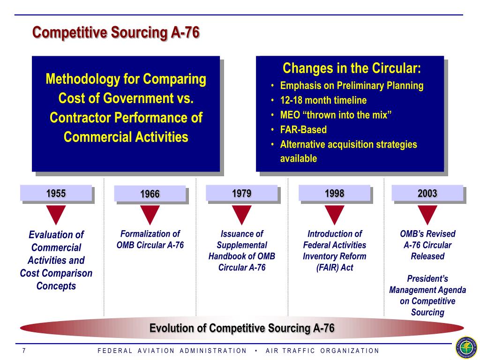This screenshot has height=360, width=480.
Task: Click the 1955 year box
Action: [x=56, y=193]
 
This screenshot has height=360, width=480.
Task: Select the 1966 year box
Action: [x=150, y=194]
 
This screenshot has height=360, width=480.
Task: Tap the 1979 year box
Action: [x=242, y=193]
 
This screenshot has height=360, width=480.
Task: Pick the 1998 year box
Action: [x=335, y=193]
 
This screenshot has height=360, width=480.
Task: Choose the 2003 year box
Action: [x=427, y=193]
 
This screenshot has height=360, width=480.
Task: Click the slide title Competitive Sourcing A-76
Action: [x=116, y=32]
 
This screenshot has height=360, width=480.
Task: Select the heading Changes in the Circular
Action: [x=352, y=68]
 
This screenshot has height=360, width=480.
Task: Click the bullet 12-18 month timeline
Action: [x=323, y=100]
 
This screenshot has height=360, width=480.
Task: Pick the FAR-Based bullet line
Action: [x=303, y=129]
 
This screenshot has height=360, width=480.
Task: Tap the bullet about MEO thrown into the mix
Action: [x=336, y=115]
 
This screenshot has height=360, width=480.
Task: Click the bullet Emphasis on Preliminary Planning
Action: [x=352, y=86]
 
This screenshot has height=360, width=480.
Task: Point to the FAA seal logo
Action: [x=466, y=348]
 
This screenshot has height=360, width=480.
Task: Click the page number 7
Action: [x=24, y=351]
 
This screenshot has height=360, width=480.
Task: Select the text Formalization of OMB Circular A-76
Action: [x=150, y=240]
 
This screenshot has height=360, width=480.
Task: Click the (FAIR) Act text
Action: [x=335, y=268]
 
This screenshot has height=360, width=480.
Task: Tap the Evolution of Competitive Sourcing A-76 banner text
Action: [x=242, y=328]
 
